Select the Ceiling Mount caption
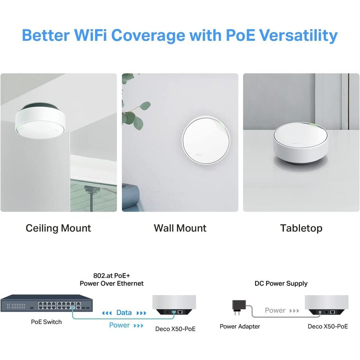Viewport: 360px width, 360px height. click(x=58, y=228)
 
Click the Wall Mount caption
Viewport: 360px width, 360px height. click(x=180, y=228)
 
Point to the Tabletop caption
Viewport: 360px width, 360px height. click(x=301, y=228)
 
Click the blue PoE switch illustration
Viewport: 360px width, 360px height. click(x=46, y=303)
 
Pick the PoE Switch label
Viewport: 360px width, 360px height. click(x=46, y=322)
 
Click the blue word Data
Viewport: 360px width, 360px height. click(x=124, y=312)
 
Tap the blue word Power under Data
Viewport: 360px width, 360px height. click(x=120, y=325)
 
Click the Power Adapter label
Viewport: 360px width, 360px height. click(x=240, y=326)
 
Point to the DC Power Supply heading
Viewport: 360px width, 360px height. click(x=281, y=284)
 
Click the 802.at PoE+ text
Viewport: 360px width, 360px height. click(x=112, y=275)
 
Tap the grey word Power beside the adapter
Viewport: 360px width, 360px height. click(x=275, y=310)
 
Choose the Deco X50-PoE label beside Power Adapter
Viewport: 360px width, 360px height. click(x=328, y=326)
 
